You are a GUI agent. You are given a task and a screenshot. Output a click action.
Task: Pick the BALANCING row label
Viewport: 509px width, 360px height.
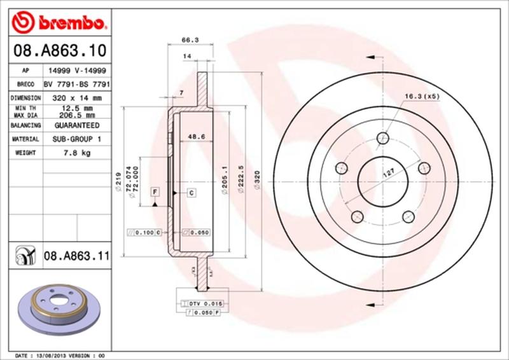coord(26,126)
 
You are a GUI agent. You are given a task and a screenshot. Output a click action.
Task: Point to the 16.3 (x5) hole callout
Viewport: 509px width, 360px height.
coord(422,97)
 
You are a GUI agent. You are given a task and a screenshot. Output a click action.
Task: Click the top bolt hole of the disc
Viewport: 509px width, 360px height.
coord(382,138)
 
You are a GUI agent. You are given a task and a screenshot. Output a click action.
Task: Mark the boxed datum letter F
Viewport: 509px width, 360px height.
coord(155,191)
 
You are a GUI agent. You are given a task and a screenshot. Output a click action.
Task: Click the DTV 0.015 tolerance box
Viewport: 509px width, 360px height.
coord(202,305)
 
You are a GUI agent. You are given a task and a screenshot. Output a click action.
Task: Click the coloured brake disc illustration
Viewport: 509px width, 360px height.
coord(59,307)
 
